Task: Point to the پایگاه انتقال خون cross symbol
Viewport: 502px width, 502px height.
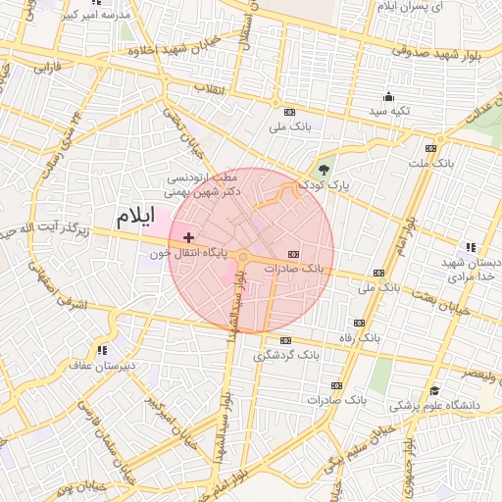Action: pyautogui.click(x=188, y=237)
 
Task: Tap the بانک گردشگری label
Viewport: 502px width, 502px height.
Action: pyautogui.click(x=286, y=354)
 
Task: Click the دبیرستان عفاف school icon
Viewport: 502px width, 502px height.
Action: pyautogui.click(x=101, y=350)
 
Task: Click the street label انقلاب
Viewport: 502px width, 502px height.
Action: pyautogui.click(x=211, y=89)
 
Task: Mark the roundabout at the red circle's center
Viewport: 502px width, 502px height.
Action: pyautogui.click(x=243, y=257)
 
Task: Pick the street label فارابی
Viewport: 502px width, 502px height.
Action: pyautogui.click(x=47, y=70)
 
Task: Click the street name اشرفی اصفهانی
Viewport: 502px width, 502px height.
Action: pyautogui.click(x=39, y=284)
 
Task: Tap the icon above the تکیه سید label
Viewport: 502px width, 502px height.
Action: pyautogui.click(x=388, y=96)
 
